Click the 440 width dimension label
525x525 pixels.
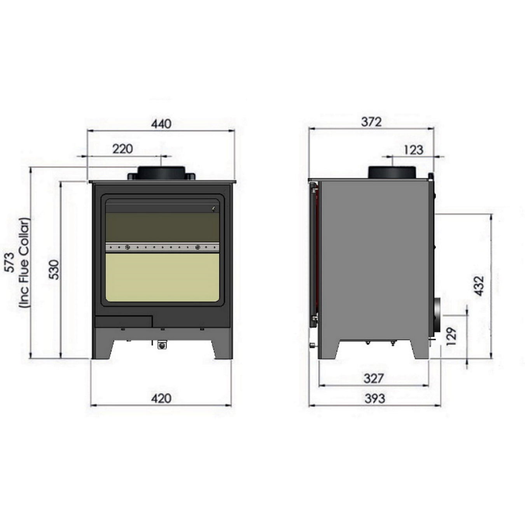[161, 124]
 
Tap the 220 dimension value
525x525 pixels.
[122, 149]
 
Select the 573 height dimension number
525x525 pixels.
[10, 262]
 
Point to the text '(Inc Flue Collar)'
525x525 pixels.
[24, 262]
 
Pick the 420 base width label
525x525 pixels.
[161, 398]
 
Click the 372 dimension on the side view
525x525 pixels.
[372, 122]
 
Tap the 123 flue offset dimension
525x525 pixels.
[413, 150]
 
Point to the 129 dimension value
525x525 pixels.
[451, 336]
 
